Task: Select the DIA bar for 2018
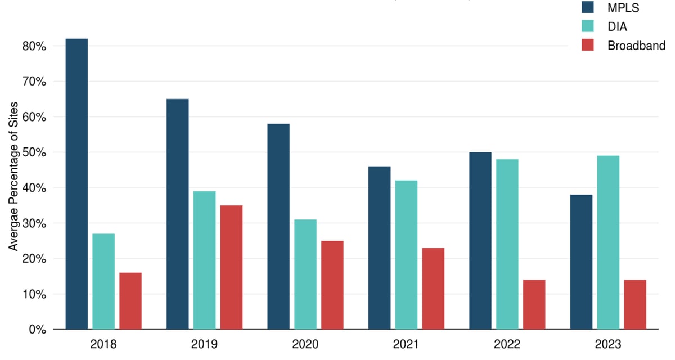[103, 281]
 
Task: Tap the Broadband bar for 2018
[130, 301]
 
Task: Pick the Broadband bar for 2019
[231, 267]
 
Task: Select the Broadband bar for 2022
[534, 304]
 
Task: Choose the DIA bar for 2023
[608, 242]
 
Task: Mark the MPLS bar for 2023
[581, 262]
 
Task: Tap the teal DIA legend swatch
[587, 26]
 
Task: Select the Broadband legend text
[636, 46]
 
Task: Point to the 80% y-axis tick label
[34, 46]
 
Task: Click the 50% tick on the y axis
[34, 152]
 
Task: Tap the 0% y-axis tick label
[37, 330]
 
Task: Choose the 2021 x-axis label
[406, 344]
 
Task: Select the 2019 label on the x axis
[204, 344]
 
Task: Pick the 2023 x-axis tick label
[608, 344]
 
